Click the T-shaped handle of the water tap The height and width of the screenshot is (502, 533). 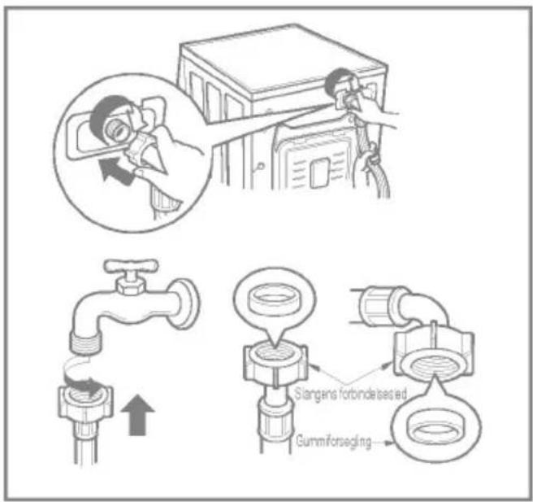131,266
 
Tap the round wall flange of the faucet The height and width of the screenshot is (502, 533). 186,304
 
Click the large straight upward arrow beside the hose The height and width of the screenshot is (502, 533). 137,415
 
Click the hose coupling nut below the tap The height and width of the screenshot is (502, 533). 85,403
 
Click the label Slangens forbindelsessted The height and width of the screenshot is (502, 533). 350,394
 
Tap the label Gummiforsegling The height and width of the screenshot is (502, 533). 333,442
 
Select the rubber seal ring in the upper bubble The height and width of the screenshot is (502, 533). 274,298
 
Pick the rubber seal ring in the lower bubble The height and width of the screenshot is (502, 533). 435,430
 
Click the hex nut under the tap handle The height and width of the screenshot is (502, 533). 131,286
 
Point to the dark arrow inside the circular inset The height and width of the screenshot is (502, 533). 115,171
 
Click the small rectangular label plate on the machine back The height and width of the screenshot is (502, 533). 318,172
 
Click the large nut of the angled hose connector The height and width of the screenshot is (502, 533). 434,354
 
